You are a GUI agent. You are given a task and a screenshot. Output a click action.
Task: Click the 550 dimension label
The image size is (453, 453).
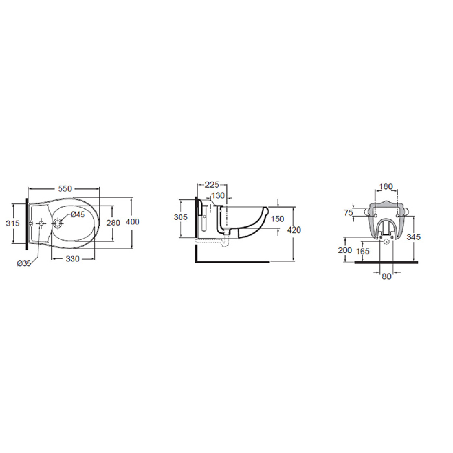(65, 188)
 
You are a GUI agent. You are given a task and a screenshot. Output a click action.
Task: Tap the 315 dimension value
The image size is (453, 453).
(13, 223)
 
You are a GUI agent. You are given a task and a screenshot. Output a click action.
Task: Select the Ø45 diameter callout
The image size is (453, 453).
(78, 214)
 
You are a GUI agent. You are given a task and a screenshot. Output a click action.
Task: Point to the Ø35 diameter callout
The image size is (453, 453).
(24, 263)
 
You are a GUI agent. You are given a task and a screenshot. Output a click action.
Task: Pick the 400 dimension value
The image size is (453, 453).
(133, 221)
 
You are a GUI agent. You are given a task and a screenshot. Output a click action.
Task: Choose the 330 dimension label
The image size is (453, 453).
(73, 259)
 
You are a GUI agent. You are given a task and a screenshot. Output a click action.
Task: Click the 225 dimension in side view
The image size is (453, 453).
(212, 185)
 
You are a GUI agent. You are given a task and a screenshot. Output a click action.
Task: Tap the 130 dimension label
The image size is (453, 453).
(218, 195)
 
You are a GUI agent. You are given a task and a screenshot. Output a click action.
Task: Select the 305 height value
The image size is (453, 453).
(181, 217)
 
